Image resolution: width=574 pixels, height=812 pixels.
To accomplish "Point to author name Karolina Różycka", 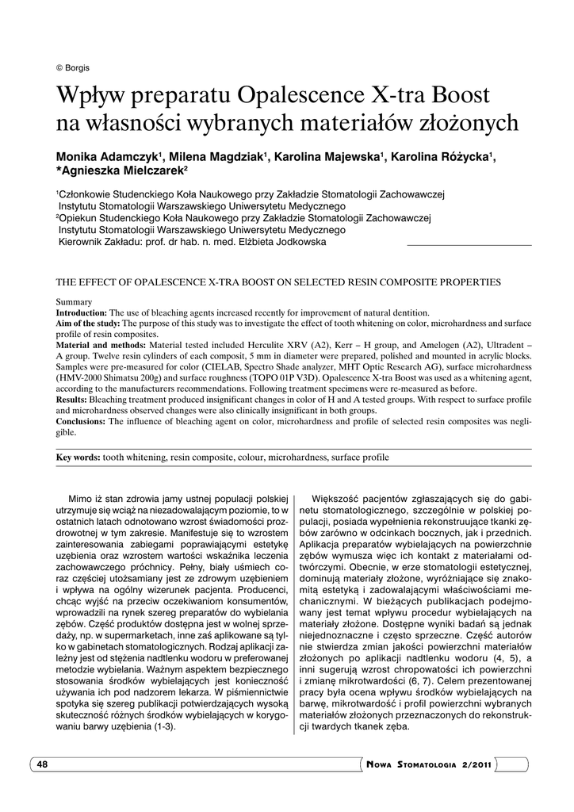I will click(x=440, y=156).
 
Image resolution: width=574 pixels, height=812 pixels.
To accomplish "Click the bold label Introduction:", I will click(x=82, y=313).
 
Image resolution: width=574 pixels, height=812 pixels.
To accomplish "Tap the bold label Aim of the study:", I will click(x=88, y=324).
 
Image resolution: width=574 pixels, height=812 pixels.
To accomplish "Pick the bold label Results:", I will click(x=71, y=400).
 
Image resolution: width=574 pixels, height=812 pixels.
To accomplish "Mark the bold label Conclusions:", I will click(x=80, y=422).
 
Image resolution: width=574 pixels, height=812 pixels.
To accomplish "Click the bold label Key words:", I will click(x=78, y=458).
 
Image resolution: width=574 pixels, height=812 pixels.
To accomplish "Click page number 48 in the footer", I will click(x=42, y=764).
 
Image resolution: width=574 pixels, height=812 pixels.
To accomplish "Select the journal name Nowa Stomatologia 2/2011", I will click(x=431, y=764).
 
